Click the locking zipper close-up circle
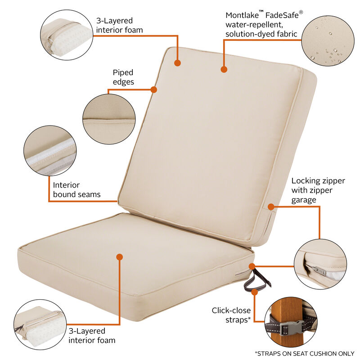320,264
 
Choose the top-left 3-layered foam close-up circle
66,35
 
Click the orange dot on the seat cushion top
119,257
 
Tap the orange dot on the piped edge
153,90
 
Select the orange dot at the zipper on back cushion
271,207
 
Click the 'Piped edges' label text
123,77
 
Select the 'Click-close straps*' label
231,315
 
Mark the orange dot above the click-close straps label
254,292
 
